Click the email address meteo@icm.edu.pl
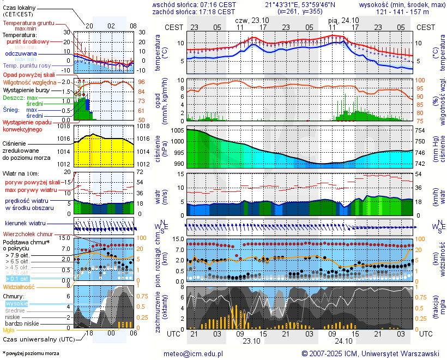click(x=194, y=353)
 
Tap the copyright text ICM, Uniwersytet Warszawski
click(x=371, y=353)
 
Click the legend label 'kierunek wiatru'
click(x=25, y=224)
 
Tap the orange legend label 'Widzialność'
click(x=19, y=286)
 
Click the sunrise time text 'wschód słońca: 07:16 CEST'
click(x=194, y=4)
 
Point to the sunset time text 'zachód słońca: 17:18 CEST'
click(x=194, y=11)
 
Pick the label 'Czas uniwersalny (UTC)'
click(x=37, y=339)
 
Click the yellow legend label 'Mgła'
click(x=8, y=330)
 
